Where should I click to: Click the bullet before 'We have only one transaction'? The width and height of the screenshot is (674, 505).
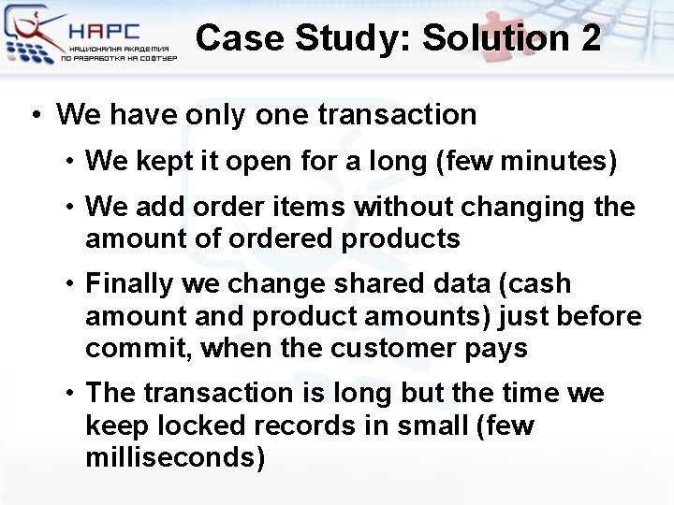(x=35, y=115)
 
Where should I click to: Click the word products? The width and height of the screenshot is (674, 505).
(x=401, y=238)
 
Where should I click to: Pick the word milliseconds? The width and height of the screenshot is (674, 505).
(x=175, y=458)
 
